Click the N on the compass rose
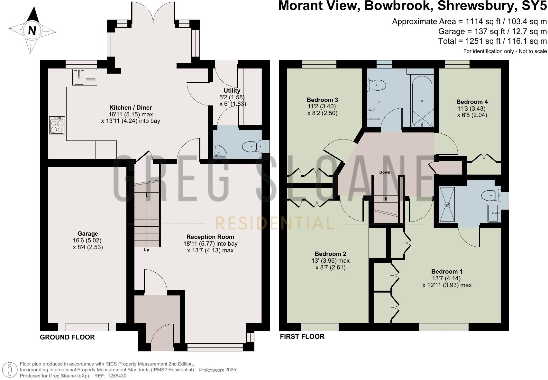pos(32,31)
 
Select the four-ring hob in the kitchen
pos(57,125)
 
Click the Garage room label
pos(87,234)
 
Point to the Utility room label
pos(232,91)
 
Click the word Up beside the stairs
pos(146,250)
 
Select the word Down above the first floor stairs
pos(385,172)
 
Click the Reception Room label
pos(210,237)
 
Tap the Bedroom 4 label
pos(472,102)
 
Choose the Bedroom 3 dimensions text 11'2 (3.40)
pos(322,106)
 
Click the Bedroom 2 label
pos(330,254)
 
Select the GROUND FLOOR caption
pos(67,337)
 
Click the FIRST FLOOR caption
pos(302,337)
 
